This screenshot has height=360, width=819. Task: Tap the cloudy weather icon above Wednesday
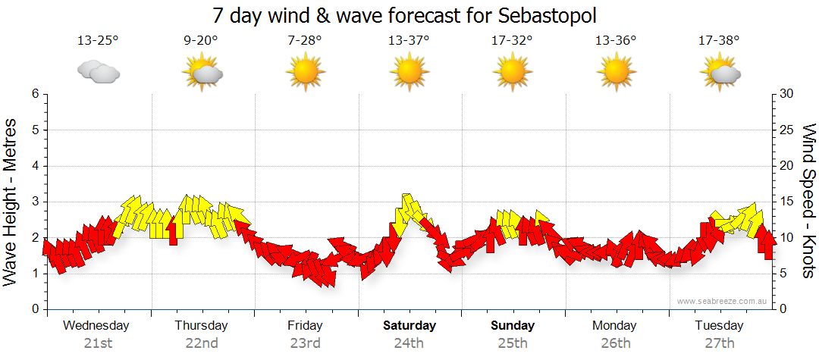pyautogui.click(x=98, y=72)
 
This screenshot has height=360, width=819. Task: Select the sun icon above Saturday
pyautogui.click(x=409, y=73)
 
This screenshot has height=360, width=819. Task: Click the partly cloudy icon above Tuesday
pyautogui.click(x=720, y=74)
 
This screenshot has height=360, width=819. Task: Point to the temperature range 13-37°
pyautogui.click(x=409, y=41)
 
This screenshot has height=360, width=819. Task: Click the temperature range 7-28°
pyautogui.click(x=305, y=41)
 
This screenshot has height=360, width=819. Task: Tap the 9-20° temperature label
pyautogui.click(x=201, y=41)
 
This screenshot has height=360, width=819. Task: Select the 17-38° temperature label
pyautogui.click(x=719, y=41)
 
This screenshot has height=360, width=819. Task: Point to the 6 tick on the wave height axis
pyautogui.click(x=34, y=94)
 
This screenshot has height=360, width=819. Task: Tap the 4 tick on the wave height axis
pyautogui.click(x=34, y=166)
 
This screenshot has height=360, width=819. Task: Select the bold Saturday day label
pyautogui.click(x=409, y=326)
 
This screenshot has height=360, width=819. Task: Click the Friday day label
pyautogui.click(x=305, y=326)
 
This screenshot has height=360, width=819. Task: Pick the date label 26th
pyautogui.click(x=615, y=343)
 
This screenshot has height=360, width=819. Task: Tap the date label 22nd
pyautogui.click(x=201, y=343)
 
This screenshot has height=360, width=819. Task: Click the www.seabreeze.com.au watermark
pyautogui.click(x=723, y=301)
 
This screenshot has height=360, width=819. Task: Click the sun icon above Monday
pyautogui.click(x=616, y=73)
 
